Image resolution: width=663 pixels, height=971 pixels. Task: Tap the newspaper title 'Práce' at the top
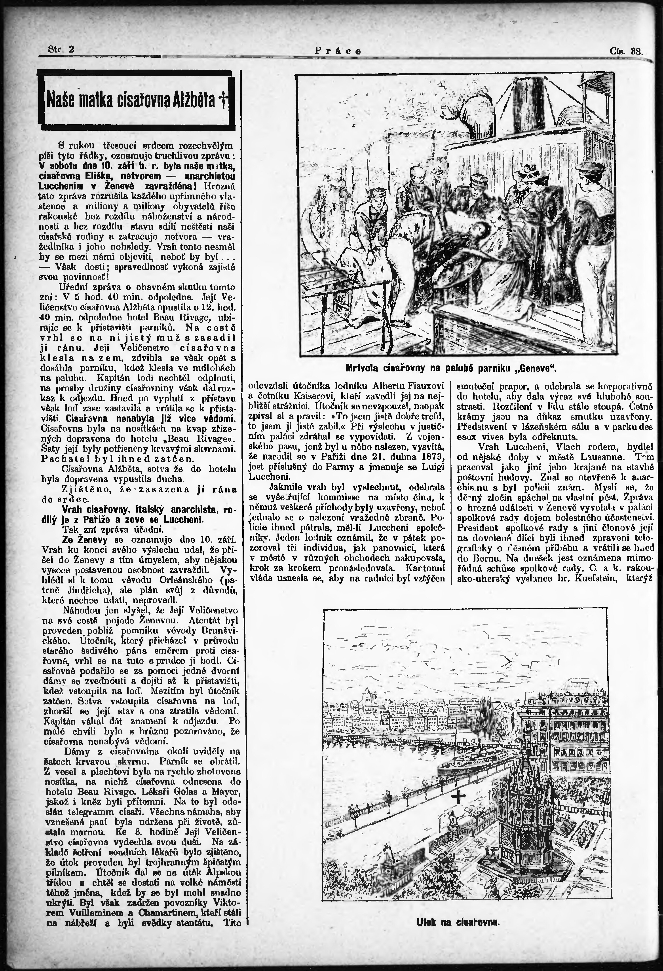tap(338, 51)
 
